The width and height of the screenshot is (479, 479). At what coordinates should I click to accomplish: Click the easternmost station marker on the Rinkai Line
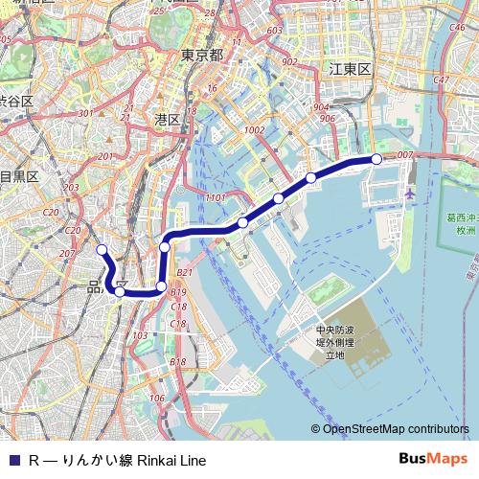[x=376, y=158]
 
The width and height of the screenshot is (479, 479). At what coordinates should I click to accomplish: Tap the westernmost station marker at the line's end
[x=103, y=250]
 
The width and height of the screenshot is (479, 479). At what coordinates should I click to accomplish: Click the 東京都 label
[x=201, y=56]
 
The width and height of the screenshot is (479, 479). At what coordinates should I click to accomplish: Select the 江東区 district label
[x=349, y=70]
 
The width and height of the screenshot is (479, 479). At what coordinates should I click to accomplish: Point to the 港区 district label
[x=167, y=120]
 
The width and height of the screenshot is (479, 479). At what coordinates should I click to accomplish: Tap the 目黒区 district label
[x=18, y=176]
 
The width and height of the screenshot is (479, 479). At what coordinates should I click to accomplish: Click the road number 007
[x=404, y=154]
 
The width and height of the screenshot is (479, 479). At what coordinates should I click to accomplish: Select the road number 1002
[x=254, y=130]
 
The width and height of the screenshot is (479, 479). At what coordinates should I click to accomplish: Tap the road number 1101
[x=215, y=197]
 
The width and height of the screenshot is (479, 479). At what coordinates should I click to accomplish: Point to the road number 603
[x=274, y=31]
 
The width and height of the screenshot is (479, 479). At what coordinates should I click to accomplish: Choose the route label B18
[x=177, y=361]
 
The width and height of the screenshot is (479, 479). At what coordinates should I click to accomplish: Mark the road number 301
[x=84, y=114]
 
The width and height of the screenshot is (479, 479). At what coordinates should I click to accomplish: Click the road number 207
[x=67, y=254]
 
